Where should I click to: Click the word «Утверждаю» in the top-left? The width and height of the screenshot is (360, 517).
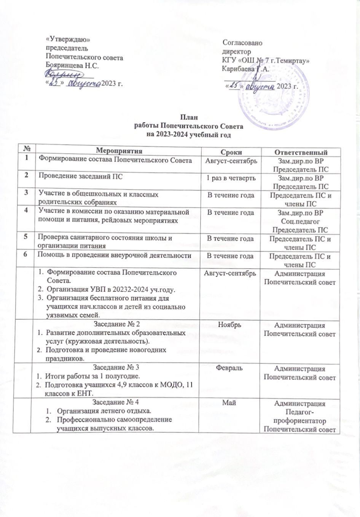click(68, 39)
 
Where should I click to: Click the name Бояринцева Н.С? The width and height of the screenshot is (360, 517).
click(72, 65)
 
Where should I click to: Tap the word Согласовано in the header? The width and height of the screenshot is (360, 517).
click(242, 43)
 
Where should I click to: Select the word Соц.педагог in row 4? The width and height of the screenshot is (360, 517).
click(300, 221)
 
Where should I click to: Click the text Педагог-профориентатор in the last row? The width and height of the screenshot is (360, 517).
click(300, 417)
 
